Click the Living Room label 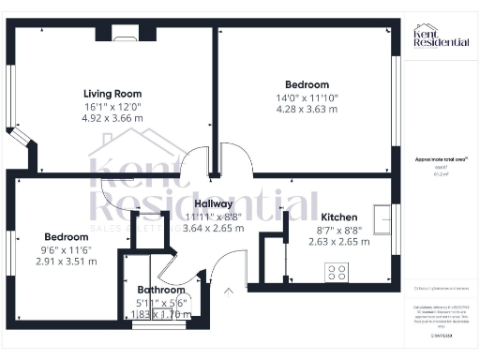point(112,93)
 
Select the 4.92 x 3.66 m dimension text point(112,119)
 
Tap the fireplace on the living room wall point(124,37)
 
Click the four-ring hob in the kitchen point(336,273)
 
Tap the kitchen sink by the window point(380,220)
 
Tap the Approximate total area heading point(441,160)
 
